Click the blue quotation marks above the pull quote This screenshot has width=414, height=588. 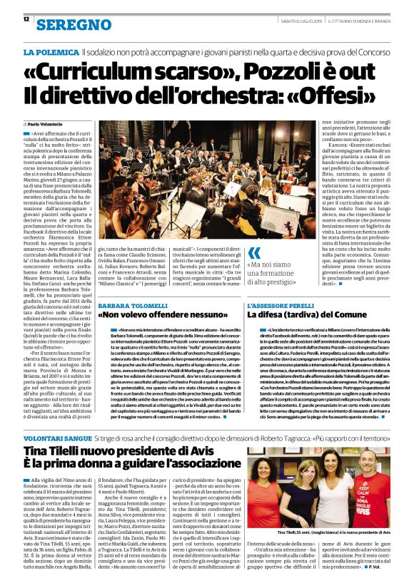254,253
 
